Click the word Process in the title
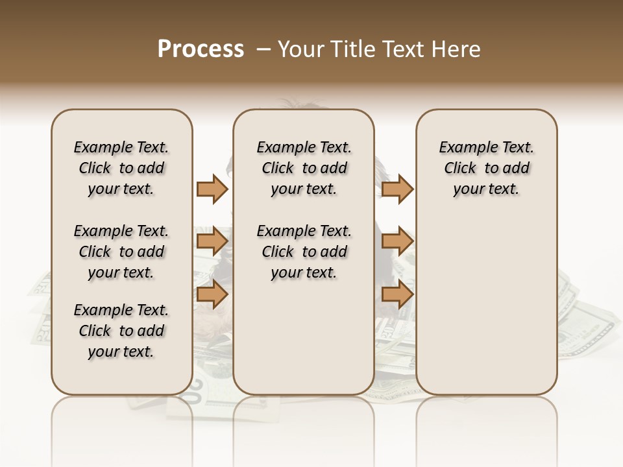[x=201, y=49]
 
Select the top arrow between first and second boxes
[x=212, y=189]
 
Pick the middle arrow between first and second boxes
[x=212, y=241]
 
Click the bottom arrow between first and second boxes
[x=212, y=294]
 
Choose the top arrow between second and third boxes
[x=397, y=189]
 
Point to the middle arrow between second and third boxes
[x=397, y=241]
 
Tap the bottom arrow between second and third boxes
[x=397, y=294]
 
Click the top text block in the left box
[x=121, y=168]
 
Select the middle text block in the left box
[x=121, y=252]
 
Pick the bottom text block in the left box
[x=121, y=331]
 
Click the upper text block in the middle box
[x=304, y=168]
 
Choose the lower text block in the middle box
[x=304, y=252]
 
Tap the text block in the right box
[x=486, y=168]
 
